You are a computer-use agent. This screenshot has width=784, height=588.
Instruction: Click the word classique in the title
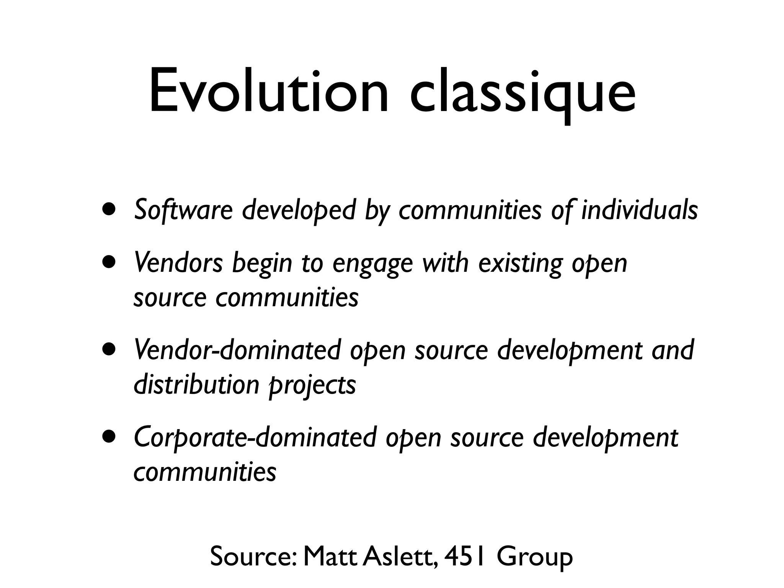point(523,94)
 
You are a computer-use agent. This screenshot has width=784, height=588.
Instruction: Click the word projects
point(312,386)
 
